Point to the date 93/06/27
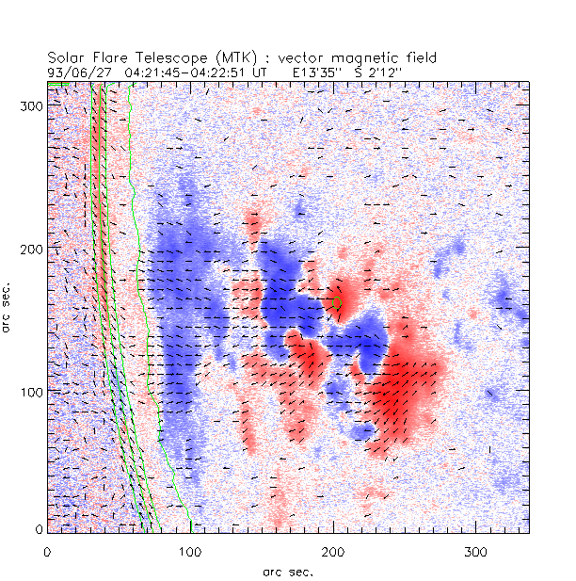(x=76, y=71)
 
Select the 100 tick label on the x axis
(x=190, y=549)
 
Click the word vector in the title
(x=306, y=58)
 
